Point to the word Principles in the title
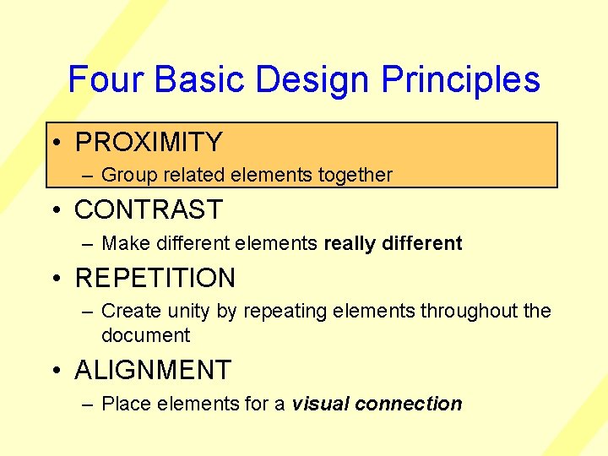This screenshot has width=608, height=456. pyautogui.click(x=460, y=79)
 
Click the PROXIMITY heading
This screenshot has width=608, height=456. pyautogui.click(x=149, y=142)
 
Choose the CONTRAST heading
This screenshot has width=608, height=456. pyautogui.click(x=149, y=209)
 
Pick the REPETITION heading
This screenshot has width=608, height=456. pyautogui.click(x=155, y=278)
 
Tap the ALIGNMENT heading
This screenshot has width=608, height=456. pyautogui.click(x=153, y=370)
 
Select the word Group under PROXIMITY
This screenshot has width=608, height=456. pyautogui.click(x=125, y=176)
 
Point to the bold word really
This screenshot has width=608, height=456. pyautogui.click(x=350, y=244)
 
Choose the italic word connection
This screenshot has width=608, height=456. pyautogui.click(x=409, y=404)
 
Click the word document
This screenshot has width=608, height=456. pyautogui.click(x=145, y=335)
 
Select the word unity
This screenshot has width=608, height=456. pyautogui.click(x=187, y=312)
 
